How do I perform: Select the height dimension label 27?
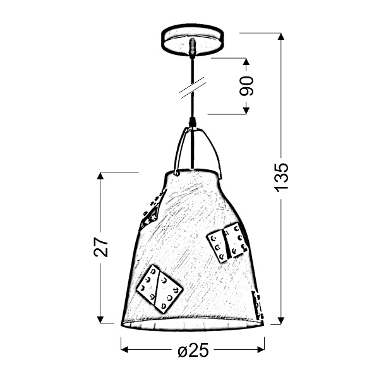pos(102,247)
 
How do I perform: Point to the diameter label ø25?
pos(193,352)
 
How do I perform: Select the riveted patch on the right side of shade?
pos(227,243)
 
